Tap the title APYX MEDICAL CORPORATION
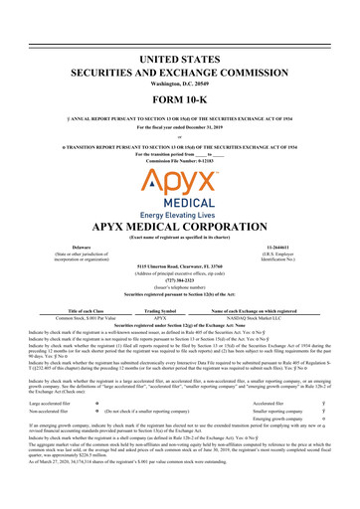(x=180, y=223)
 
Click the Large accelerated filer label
(x=39, y=431)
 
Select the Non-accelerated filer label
(x=37, y=441)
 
